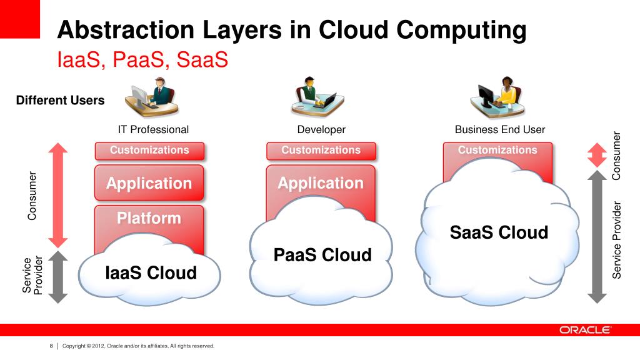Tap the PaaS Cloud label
322,255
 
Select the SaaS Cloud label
499,232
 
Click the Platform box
149,219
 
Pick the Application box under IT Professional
149,183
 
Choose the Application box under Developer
321,183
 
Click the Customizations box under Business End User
497,151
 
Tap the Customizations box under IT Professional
149,151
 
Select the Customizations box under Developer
321,151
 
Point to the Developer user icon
316,97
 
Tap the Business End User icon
498,97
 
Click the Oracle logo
585,330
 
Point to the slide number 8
51,346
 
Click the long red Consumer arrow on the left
57,195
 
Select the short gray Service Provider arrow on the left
57,277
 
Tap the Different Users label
60,100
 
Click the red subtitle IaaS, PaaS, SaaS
142,60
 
